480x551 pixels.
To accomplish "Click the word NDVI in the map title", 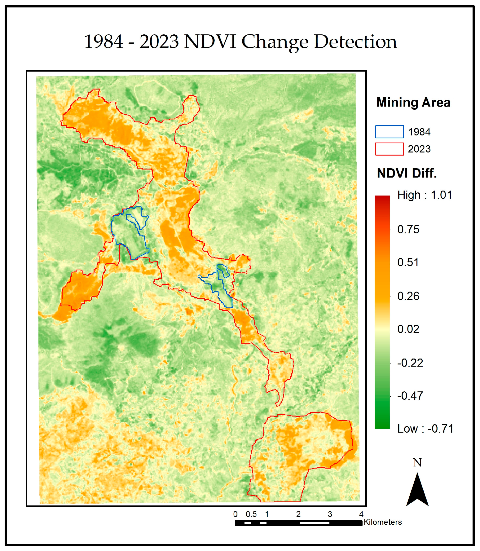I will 210,42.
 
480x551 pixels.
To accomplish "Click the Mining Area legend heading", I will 413,102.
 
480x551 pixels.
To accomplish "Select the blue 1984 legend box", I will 389,132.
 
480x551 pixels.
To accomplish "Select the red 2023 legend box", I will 389,149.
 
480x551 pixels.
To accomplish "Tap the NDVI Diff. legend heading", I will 407,173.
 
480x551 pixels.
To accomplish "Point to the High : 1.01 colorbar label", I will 425,195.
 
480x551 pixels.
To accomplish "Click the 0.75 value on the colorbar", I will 408,230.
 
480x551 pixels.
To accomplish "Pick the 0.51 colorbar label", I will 408,262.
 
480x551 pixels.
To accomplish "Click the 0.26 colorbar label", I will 408,296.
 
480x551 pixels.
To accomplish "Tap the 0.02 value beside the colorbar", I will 408,329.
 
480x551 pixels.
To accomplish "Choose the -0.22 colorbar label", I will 410,363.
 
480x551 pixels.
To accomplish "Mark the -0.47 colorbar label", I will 410,396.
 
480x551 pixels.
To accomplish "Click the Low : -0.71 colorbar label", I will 425,429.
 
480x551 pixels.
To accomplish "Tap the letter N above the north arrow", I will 417,463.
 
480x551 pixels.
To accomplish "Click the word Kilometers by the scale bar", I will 383,522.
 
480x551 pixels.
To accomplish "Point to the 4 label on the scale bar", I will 361,514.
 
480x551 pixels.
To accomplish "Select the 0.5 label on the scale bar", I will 251,514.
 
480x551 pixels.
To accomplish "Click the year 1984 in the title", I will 103,42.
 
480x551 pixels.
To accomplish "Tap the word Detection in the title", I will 355,42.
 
